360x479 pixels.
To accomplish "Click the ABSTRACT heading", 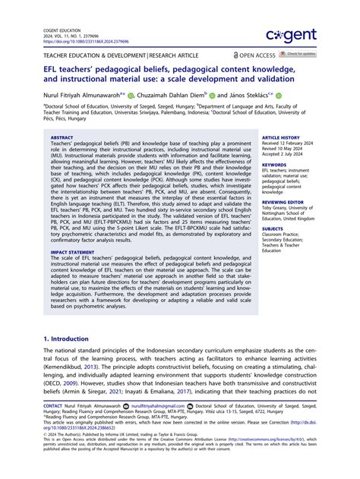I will click(x=62, y=137).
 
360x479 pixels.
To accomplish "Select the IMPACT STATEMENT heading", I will click(x=74, y=251).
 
